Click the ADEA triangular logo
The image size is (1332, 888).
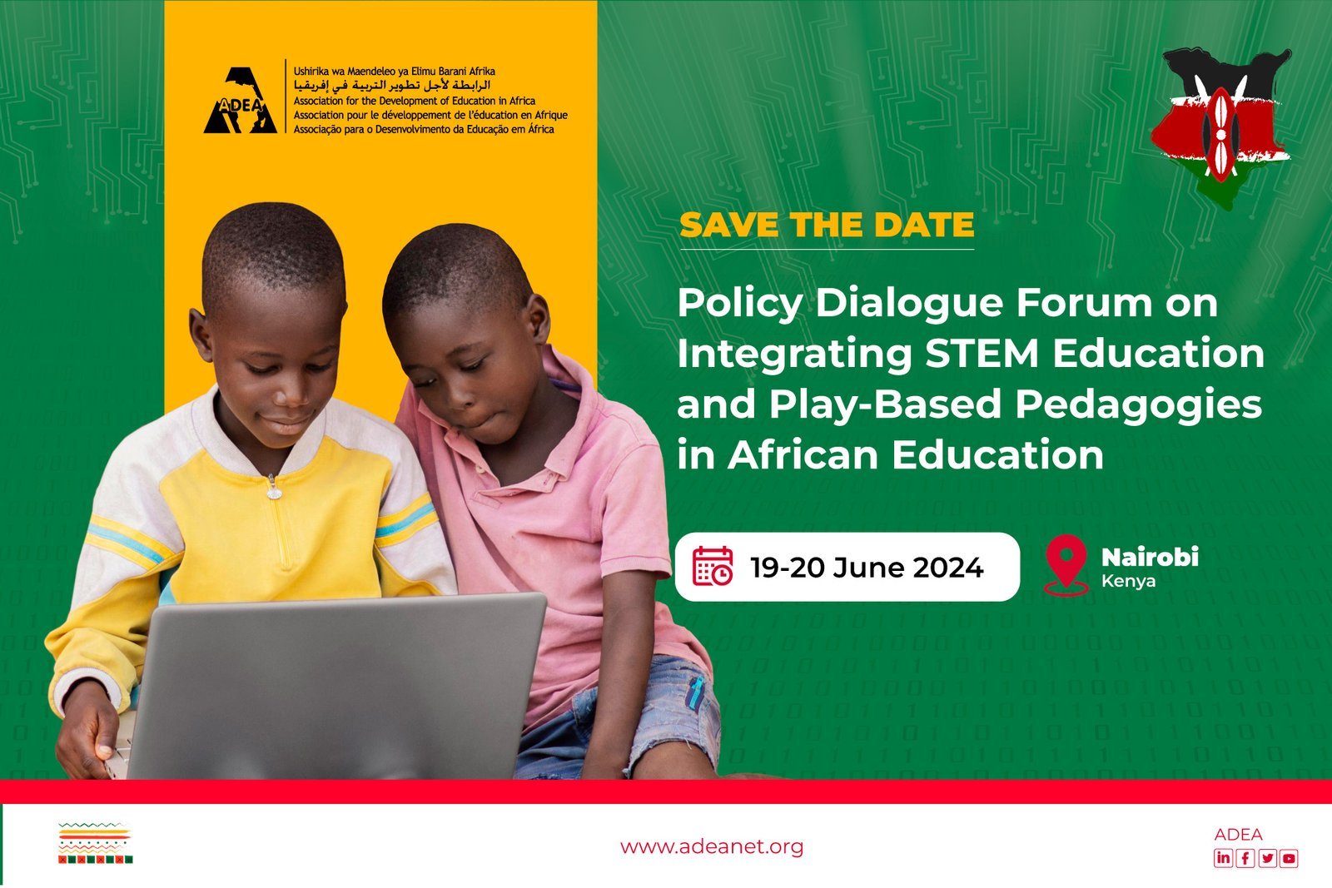pyautogui.click(x=241, y=101)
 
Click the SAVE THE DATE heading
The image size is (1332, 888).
pyautogui.click(x=827, y=225)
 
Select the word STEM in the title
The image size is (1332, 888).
pyautogui.click(x=982, y=353)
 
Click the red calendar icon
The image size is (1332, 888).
pyautogui.click(x=713, y=567)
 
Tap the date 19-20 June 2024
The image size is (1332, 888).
pyautogui.click(x=867, y=567)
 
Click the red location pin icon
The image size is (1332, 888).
pyautogui.click(x=1066, y=564)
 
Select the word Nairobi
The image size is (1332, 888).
pyautogui.click(x=1150, y=557)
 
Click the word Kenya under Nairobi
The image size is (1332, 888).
pyautogui.click(x=1128, y=581)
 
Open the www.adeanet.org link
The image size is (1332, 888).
pyautogui.click(x=711, y=846)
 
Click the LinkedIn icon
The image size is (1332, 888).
pyautogui.click(x=1223, y=858)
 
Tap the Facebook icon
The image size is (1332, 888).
pyautogui.click(x=1245, y=858)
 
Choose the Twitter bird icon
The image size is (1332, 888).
pyautogui.click(x=1267, y=858)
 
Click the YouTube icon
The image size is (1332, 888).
pyautogui.click(x=1289, y=858)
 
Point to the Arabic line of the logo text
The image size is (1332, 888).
pyautogui.click(x=392, y=85)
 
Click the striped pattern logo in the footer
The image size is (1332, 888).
pyautogui.click(x=95, y=843)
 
